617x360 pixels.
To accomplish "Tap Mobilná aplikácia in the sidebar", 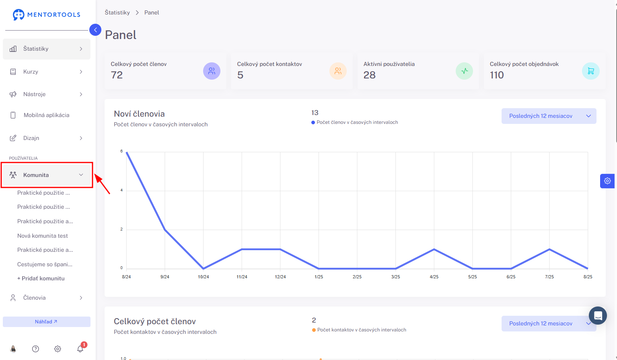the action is (x=47, y=115).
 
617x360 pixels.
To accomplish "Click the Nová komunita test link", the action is (x=42, y=236).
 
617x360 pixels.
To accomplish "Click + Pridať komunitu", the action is (x=41, y=278).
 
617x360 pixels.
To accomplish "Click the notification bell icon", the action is (x=80, y=349).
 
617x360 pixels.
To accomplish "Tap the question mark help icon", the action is (x=35, y=349).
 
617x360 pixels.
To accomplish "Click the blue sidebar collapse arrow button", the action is (x=95, y=30).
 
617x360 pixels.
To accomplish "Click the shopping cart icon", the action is (x=590, y=71).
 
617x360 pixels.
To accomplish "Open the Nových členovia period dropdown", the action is (x=549, y=116).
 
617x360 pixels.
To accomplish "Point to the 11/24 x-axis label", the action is (x=242, y=277).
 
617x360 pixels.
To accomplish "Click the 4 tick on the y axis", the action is (x=121, y=190).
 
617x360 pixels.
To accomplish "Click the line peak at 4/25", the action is (x=434, y=249).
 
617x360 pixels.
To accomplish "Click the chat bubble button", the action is (x=598, y=315).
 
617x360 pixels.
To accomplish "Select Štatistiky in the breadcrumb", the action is (x=117, y=12).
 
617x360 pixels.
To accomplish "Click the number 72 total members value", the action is (x=117, y=75).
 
